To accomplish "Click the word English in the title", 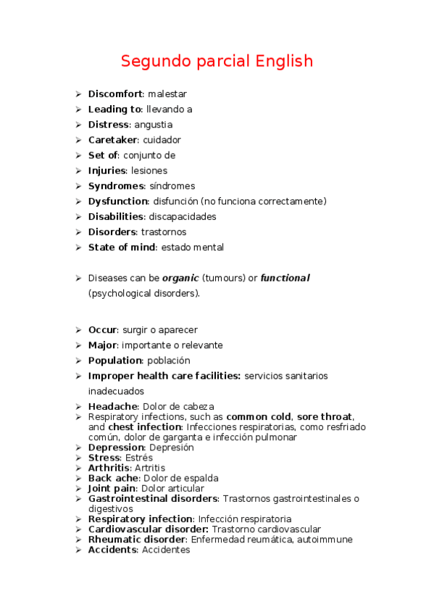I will click(284, 61).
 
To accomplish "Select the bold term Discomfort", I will click(115, 94).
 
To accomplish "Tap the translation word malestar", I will click(167, 94).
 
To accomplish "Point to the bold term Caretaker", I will click(113, 140).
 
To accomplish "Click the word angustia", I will click(154, 125).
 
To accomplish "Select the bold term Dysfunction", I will click(118, 202).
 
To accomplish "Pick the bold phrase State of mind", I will click(121, 247).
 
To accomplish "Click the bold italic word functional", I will click(285, 278).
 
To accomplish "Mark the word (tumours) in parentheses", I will click(224, 278).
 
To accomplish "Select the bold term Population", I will click(114, 360).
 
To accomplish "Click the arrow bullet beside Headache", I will click(78, 407).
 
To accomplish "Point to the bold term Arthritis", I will click(109, 469).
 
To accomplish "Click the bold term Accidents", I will click(112, 550).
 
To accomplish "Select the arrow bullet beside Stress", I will click(78, 458).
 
